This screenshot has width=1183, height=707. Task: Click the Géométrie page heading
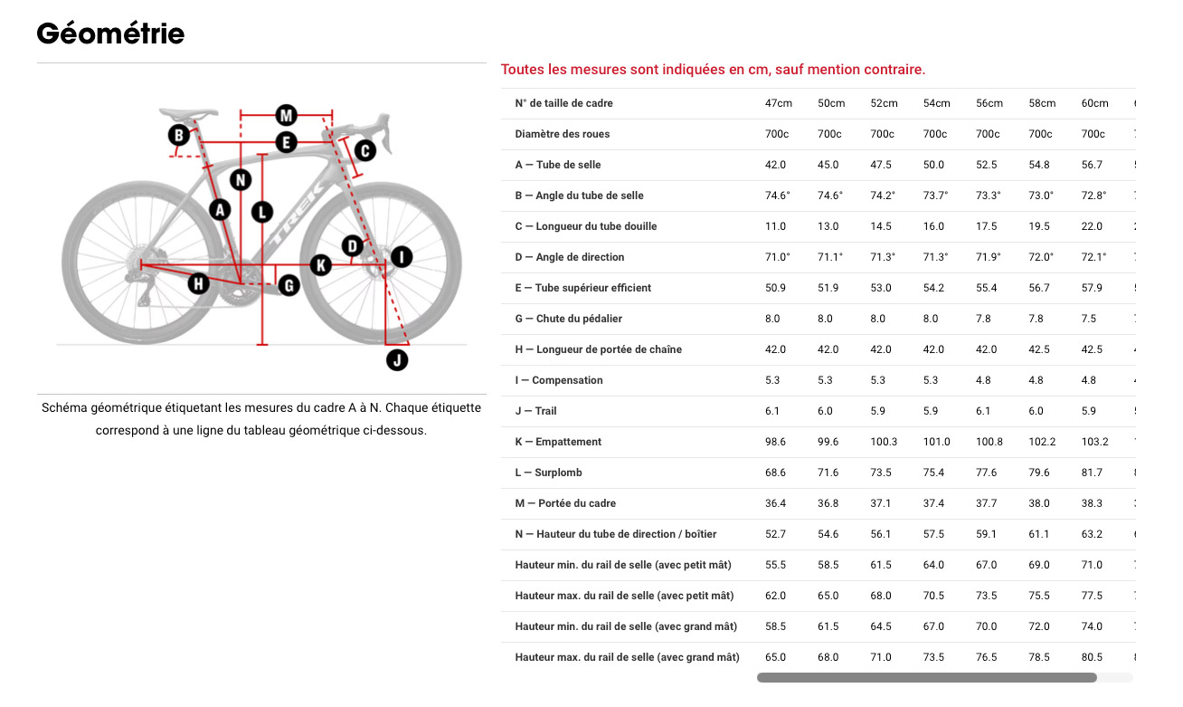[x=110, y=34]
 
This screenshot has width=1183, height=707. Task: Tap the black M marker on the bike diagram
[x=287, y=115]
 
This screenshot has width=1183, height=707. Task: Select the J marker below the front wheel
[x=397, y=360]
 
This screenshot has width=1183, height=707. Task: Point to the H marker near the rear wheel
[x=198, y=284]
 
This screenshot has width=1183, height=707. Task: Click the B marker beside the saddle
[x=179, y=136]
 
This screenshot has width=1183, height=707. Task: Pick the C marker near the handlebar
[x=364, y=150]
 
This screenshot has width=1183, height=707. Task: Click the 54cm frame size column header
[x=936, y=103]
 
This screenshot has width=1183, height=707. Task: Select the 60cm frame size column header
[x=1094, y=103]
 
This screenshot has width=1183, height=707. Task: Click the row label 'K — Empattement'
[x=558, y=442]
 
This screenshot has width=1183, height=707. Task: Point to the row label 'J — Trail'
[x=536, y=411]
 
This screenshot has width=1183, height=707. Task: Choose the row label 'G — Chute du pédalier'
[x=568, y=319]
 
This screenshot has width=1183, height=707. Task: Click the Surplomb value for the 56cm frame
[x=986, y=473]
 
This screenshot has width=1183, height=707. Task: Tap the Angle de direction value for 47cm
[x=778, y=257]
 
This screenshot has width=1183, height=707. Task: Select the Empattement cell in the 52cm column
[x=884, y=442]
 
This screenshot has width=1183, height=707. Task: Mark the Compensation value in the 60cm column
[x=1089, y=380]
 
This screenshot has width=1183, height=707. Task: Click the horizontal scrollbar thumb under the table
[x=926, y=677]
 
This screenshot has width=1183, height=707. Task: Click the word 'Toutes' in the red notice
[x=521, y=70]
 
